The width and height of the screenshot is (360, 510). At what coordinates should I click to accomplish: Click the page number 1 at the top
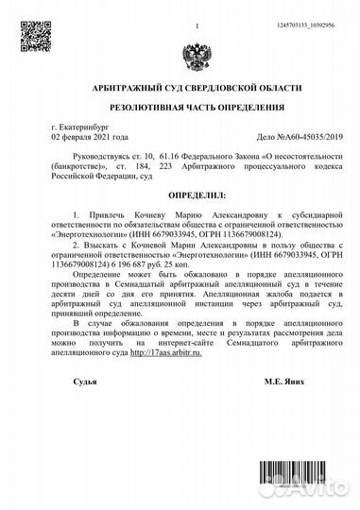(x=197, y=13)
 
